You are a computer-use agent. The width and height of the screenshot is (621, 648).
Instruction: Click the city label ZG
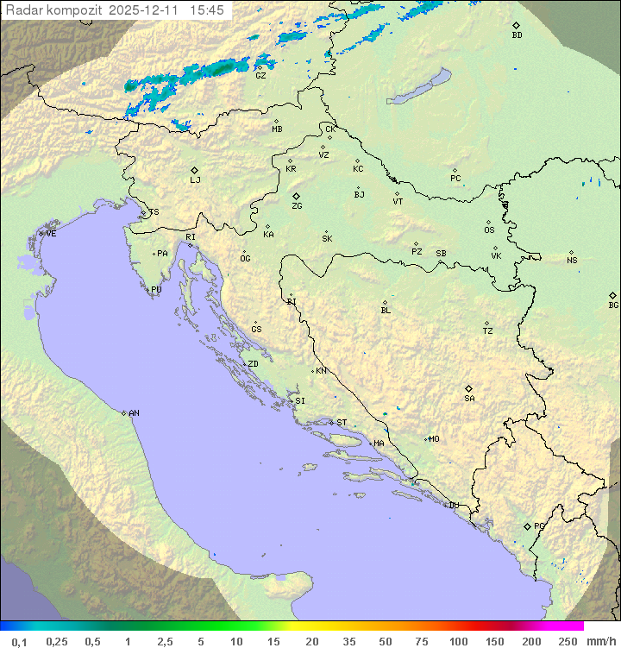pyautogui.click(x=297, y=207)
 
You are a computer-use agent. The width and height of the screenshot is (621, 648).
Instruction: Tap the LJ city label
pyautogui.click(x=195, y=180)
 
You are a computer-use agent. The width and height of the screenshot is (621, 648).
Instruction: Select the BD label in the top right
pyautogui.click(x=517, y=35)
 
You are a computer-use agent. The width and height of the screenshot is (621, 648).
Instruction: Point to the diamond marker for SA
pyautogui.click(x=468, y=388)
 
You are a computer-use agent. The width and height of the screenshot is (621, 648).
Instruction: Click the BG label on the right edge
pyautogui.click(x=613, y=305)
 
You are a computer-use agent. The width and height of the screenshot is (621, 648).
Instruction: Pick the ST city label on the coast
pyautogui.click(x=342, y=423)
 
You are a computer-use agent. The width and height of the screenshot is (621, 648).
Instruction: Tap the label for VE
pyautogui.click(x=51, y=234)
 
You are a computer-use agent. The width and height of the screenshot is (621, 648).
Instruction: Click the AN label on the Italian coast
pyautogui.click(x=134, y=413)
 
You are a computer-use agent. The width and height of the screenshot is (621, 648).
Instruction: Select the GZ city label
pyautogui.click(x=260, y=76)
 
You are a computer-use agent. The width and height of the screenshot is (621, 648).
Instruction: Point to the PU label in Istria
pyautogui.click(x=156, y=290)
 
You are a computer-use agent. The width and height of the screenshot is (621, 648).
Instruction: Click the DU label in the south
pyautogui.click(x=453, y=506)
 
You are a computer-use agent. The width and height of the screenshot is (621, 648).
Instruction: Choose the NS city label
pyautogui.click(x=572, y=261)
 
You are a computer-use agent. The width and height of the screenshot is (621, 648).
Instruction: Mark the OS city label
pyautogui.click(x=489, y=230)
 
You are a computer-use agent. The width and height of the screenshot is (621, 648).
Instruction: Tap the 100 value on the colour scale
pyautogui.click(x=458, y=641)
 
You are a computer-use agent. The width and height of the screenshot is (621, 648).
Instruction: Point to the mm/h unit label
pyautogui.click(x=599, y=641)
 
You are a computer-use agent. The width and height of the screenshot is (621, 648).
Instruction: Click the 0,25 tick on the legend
pyautogui.click(x=57, y=641)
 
